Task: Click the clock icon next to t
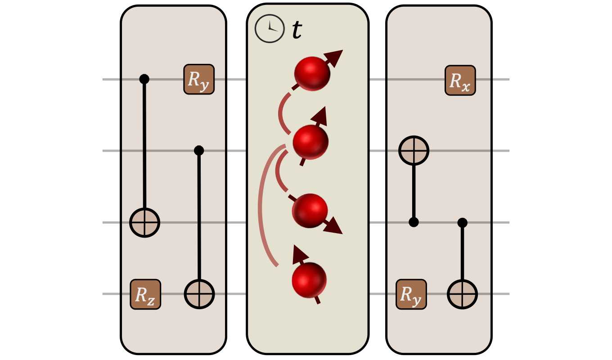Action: pyautogui.click(x=270, y=28)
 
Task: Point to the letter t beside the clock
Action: pyautogui.click(x=297, y=31)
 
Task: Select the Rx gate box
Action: pyautogui.click(x=460, y=80)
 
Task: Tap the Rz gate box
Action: pyautogui.click(x=145, y=294)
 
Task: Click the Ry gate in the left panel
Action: pyautogui.click(x=198, y=80)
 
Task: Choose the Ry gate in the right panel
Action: pyautogui.click(x=411, y=294)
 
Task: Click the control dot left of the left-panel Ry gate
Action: pyautogui.click(x=144, y=79)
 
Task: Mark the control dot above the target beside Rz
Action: pyautogui.click(x=199, y=150)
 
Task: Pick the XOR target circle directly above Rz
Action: pyautogui.click(x=144, y=222)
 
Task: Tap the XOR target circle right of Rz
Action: pyautogui.click(x=199, y=294)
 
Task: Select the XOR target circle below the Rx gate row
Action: pyautogui.click(x=414, y=150)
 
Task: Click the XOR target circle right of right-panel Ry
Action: pyautogui.click(x=462, y=294)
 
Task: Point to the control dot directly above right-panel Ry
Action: pyautogui.click(x=414, y=222)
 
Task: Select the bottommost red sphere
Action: pyautogui.click(x=309, y=279)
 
